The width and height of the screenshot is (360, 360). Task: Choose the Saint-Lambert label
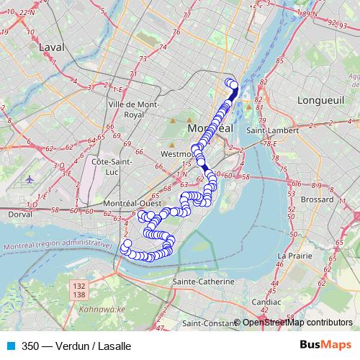267,130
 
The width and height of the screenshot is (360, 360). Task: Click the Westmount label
177,154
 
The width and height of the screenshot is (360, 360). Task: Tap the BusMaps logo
326,345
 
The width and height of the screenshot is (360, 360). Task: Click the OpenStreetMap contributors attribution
297,323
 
